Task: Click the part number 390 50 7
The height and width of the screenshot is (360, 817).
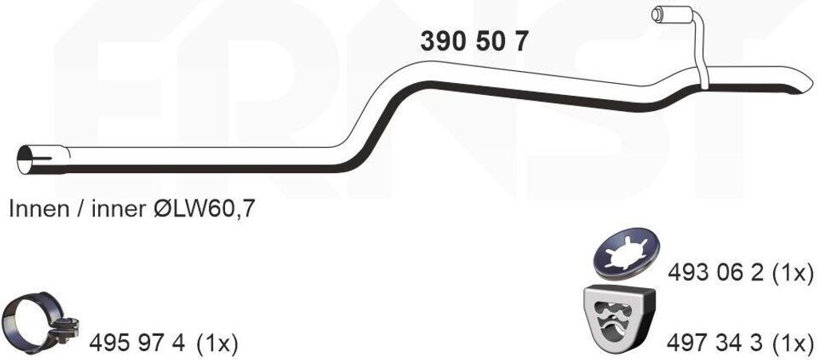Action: coord(474,42)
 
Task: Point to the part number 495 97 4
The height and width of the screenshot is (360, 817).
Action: coord(137,343)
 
